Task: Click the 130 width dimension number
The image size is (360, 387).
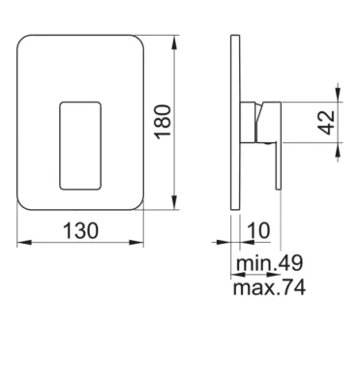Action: pyautogui.click(x=80, y=231)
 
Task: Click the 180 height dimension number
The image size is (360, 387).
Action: pyautogui.click(x=163, y=122)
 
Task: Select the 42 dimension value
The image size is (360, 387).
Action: pyautogui.click(x=326, y=122)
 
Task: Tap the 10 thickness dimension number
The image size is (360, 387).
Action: pyautogui.click(x=258, y=231)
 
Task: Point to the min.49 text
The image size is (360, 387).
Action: pyautogui.click(x=269, y=263)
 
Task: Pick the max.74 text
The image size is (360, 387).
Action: pyautogui.click(x=269, y=287)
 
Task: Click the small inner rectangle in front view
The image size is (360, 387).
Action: pyautogui.click(x=80, y=146)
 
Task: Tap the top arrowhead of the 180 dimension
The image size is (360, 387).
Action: pyautogui.click(x=174, y=43)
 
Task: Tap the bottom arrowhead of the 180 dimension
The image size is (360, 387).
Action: pyautogui.click(x=174, y=202)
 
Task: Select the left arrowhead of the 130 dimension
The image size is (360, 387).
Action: pyautogui.click(x=24, y=242)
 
